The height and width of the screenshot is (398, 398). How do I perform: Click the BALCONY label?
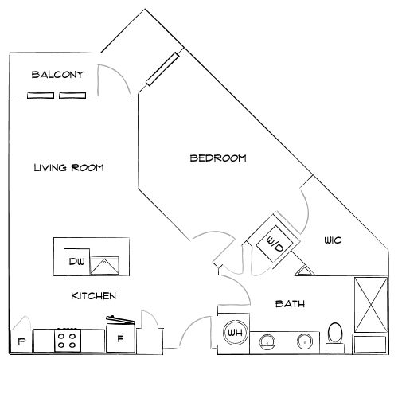(x=57, y=75)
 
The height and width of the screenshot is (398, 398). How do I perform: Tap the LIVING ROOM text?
(x=68, y=168)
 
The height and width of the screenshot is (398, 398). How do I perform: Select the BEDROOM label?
(x=218, y=158)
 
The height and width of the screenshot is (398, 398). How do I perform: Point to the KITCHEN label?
(x=94, y=296)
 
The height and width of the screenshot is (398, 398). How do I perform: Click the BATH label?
(x=290, y=304)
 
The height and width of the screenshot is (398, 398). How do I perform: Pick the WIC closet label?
(x=333, y=240)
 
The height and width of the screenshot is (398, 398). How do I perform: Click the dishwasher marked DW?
(x=76, y=262)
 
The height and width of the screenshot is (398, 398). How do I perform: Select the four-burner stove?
(x=68, y=341)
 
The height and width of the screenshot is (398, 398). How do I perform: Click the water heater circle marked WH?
(x=235, y=333)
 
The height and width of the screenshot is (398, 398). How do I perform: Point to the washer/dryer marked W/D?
(x=275, y=244)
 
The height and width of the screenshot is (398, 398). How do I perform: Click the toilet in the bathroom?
(x=335, y=338)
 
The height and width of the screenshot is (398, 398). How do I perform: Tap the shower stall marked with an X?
(x=371, y=305)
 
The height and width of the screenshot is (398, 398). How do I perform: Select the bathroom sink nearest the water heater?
(x=267, y=342)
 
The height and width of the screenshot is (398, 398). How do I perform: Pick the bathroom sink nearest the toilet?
(x=305, y=341)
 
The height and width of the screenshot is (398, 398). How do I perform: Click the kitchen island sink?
(x=104, y=265)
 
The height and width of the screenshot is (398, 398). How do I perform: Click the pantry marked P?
(x=21, y=341)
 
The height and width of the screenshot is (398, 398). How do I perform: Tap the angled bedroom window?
(x=162, y=69)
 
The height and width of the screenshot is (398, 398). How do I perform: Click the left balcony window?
(x=41, y=96)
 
